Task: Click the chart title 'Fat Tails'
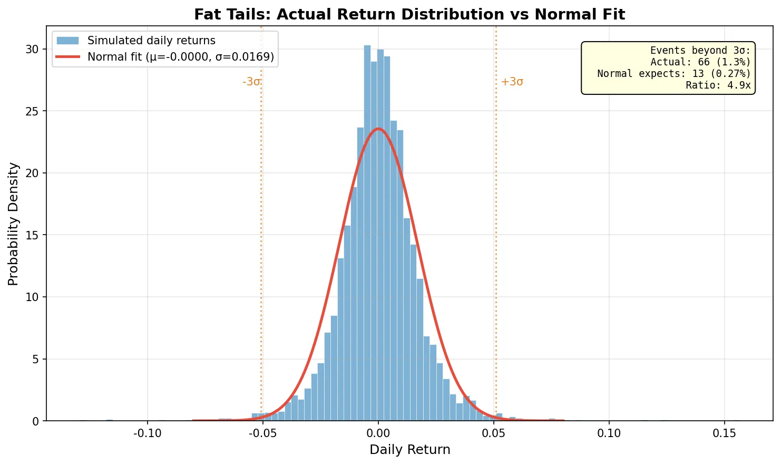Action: tap(409, 14)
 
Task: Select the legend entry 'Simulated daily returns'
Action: tap(151, 41)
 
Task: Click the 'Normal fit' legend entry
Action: tap(180, 57)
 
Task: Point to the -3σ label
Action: tap(251, 82)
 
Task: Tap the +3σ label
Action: tap(512, 82)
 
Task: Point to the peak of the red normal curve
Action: tap(378, 129)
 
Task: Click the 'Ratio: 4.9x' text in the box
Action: tap(718, 85)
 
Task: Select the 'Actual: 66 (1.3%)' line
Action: tap(700, 62)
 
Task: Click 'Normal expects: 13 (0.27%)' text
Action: tap(673, 74)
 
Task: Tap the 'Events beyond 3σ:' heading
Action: tap(700, 51)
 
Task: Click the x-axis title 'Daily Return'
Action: tap(409, 450)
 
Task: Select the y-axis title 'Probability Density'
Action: tap(14, 224)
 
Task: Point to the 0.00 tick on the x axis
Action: tap(378, 433)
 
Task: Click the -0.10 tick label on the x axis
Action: tap(147, 433)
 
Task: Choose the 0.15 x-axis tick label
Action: tap(724, 433)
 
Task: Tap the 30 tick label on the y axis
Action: tap(33, 49)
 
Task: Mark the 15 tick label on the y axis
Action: tap(33, 235)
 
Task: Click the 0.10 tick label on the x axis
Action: tap(609, 433)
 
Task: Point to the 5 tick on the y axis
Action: tap(36, 359)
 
